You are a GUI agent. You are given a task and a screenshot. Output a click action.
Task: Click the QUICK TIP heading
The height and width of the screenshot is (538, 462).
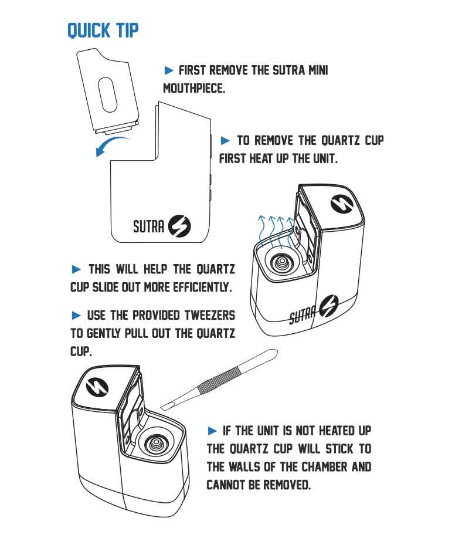103,31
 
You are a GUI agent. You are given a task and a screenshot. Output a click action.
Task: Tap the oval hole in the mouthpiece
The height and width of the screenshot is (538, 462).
107,94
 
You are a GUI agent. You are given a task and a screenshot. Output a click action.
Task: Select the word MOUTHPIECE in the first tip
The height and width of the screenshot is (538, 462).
194,88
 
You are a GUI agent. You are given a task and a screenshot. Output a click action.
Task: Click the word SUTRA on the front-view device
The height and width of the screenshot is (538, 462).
148,227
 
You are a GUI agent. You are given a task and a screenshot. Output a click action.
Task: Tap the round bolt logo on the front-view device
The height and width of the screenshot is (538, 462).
179,226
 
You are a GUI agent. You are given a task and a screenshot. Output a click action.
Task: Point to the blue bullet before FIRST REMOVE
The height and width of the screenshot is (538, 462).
169,70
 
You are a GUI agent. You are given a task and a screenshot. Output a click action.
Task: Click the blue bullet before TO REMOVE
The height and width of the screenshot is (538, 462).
225,140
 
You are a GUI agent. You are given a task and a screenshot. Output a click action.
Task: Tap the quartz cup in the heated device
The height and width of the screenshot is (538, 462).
281,263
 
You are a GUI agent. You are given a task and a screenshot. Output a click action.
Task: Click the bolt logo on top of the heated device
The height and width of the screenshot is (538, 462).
342,203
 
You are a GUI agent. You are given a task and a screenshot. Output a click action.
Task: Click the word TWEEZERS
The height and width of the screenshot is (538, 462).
210,315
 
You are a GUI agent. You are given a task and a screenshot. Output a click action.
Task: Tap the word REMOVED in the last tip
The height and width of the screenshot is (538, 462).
287,485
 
